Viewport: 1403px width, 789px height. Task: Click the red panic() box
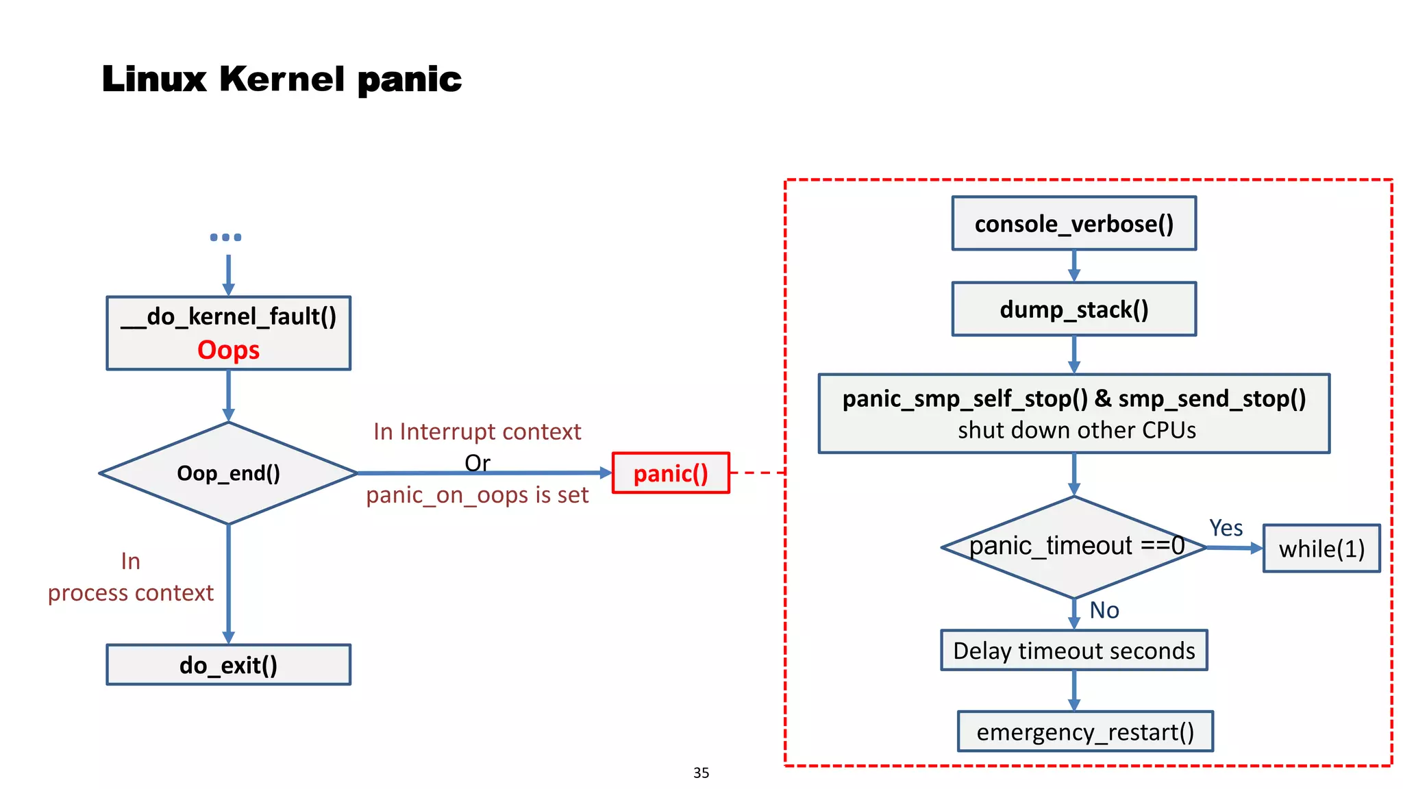670,473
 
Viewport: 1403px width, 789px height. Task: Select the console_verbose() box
1073,224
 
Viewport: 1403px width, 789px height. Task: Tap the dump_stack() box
1073,309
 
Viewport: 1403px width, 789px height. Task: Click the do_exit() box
228,664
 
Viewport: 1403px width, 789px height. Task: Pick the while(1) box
1321,549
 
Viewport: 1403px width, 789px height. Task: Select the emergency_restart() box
1084,731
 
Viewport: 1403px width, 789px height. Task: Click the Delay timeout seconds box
1073,650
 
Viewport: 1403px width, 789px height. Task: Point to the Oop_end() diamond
228,473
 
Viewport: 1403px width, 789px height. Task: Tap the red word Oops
228,350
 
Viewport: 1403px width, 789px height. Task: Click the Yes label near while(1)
1226,528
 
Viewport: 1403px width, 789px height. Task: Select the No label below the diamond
1104,610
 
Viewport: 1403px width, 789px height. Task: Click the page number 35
701,773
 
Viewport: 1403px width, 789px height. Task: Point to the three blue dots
225,237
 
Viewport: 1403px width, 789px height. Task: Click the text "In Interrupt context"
477,431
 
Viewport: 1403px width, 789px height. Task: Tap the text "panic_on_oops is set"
477,494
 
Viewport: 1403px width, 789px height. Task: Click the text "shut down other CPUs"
1076,430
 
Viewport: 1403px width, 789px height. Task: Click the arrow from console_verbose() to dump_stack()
1073,266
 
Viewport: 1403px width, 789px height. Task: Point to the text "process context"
130,592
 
